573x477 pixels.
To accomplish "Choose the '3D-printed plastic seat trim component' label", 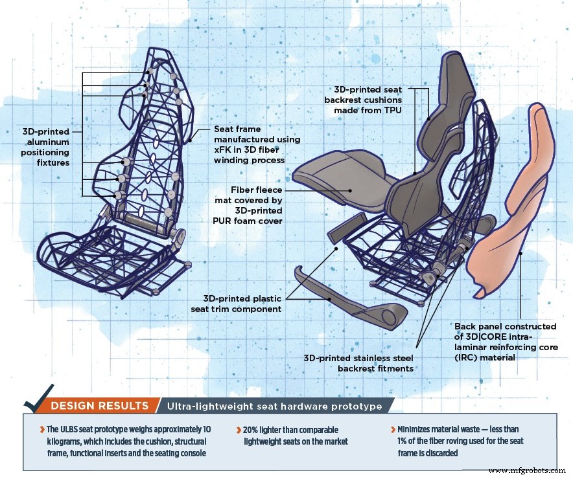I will tap(242, 304).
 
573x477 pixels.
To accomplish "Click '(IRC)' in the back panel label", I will tap(468, 357).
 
